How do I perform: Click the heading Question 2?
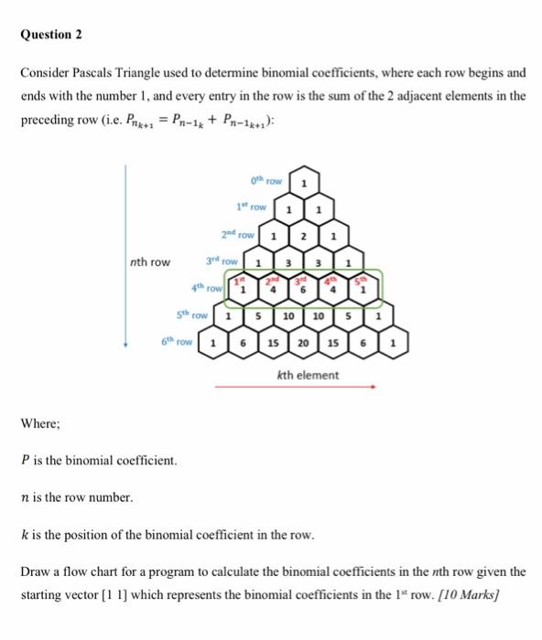click(x=52, y=34)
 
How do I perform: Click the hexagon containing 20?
click(x=301, y=344)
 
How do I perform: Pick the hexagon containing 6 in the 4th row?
click(x=301, y=291)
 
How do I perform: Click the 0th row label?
click(x=266, y=178)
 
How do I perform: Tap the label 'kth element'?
click(x=306, y=375)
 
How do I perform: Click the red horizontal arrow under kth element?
click(x=295, y=387)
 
